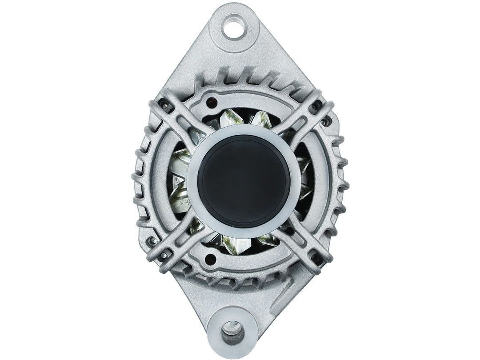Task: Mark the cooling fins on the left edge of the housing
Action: [140, 178]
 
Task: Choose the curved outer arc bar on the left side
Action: [160, 178]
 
